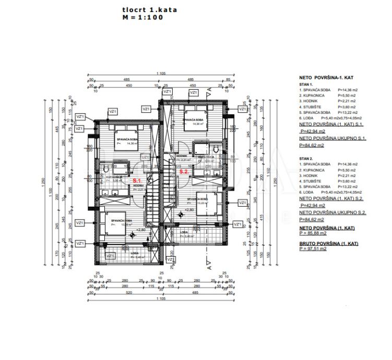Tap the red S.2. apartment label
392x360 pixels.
click(184, 171)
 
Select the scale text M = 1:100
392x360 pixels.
click(142, 17)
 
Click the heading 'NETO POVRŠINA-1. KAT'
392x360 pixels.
click(326, 77)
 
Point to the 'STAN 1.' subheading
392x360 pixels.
click(306, 84)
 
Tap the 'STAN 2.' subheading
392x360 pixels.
click(306, 157)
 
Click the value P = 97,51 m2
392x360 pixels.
click(313, 249)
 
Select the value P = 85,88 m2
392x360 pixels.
click(313, 234)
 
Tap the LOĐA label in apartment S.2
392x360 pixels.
click(184, 232)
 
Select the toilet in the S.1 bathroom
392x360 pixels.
click(105, 172)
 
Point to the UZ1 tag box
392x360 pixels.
click(145, 157)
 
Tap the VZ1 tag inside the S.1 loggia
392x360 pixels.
click(110, 256)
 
